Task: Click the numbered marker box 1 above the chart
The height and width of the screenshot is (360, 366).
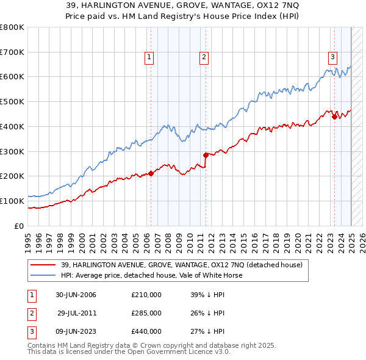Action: pos(149,58)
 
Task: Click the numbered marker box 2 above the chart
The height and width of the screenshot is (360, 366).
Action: pos(203,58)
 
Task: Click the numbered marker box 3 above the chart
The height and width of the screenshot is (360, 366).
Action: pos(332,58)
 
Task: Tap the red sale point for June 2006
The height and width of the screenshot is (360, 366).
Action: pos(151,174)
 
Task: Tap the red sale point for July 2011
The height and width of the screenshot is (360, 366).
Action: pos(206,155)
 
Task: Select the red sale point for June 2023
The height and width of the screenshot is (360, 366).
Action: pos(334,117)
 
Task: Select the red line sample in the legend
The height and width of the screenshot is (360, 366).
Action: pos(43,265)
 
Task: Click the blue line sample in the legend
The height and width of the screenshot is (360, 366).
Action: pos(43,275)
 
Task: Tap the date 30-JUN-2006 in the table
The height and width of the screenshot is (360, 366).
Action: pos(76,295)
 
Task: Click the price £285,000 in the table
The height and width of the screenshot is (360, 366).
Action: pos(146,313)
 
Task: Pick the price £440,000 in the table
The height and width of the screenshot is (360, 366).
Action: pos(146,331)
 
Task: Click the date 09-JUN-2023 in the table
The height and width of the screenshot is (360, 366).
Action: pos(76,331)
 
